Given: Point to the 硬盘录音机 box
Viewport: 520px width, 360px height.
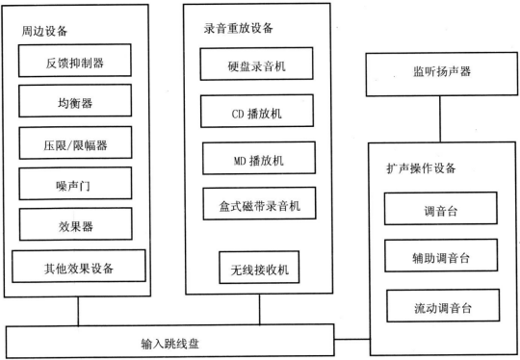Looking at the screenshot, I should [255, 68].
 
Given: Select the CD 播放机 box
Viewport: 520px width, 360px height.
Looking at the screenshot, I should [255, 113].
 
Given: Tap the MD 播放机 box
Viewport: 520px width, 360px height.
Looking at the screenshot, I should [255, 157].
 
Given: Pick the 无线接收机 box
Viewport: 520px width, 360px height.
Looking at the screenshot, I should [255, 268].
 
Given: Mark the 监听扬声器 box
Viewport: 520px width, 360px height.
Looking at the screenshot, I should [441, 76].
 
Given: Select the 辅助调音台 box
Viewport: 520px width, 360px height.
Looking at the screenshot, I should [441, 256].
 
